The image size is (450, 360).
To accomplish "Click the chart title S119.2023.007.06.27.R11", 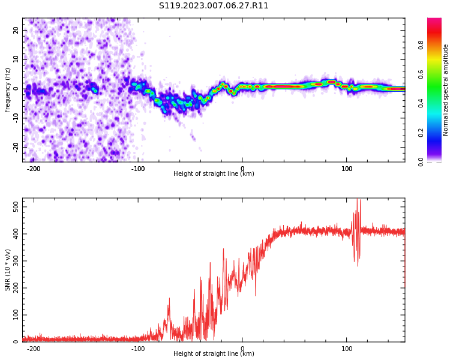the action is (214, 6).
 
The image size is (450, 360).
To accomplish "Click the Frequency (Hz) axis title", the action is (7, 90).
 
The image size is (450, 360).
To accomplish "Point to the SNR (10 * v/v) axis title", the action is (7, 270).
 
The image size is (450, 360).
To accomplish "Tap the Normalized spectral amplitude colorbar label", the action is (445, 90).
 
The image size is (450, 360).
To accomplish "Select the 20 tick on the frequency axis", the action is (16, 30).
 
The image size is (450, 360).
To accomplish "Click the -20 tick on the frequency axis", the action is (16, 147).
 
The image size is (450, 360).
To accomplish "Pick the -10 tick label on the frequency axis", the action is (16, 118).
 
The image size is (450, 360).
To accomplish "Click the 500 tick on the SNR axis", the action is (16, 206).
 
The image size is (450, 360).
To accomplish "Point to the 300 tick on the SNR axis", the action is (16, 261).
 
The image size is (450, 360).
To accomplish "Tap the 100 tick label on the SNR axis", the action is (16, 315).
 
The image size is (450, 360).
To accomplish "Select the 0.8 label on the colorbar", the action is (421, 45).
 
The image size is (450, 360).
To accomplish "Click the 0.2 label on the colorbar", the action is (421, 133).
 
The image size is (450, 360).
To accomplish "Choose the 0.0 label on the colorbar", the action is (421, 162).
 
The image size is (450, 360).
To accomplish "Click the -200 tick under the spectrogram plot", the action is (34, 169).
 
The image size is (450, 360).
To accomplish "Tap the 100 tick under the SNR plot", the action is (347, 349).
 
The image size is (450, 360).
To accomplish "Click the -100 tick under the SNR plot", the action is (138, 349).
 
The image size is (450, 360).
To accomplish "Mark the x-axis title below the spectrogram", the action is (214, 173).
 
